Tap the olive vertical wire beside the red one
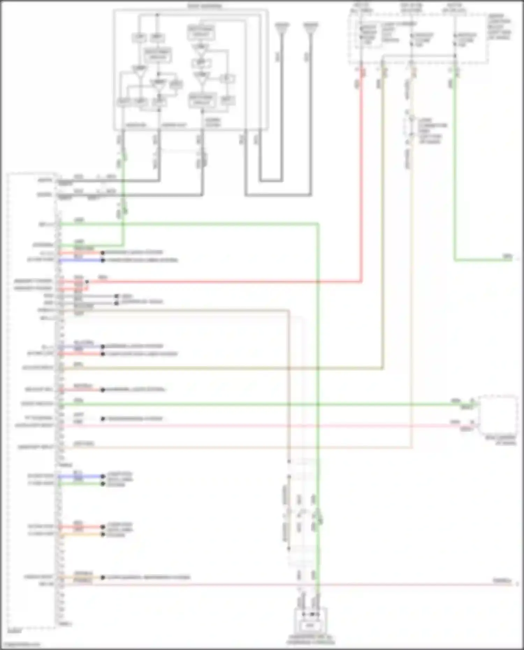point(383,210)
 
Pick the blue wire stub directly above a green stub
point(80,476)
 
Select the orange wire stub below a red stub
point(80,534)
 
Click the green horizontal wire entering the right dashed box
point(437,404)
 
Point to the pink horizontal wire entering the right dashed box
point(437,426)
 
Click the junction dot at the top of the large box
point(157,15)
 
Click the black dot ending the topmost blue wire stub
point(103,260)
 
